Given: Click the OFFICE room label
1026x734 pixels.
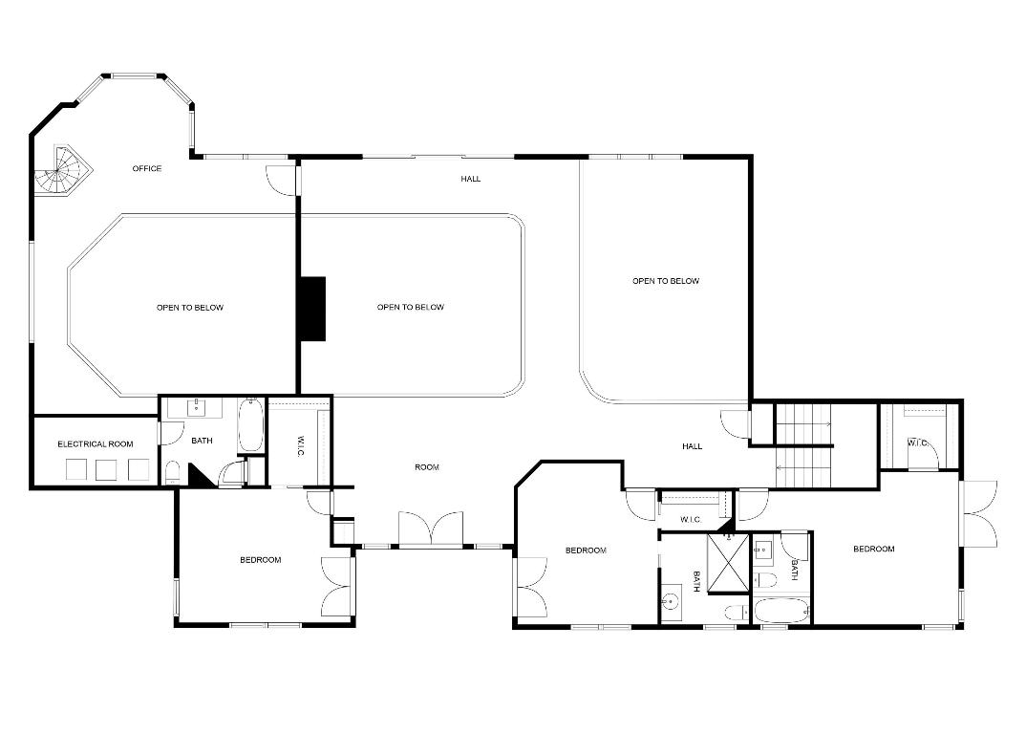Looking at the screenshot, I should point(147,169).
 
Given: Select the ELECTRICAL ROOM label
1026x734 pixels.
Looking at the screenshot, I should point(95,444).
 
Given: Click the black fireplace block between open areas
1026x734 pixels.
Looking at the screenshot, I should point(311,308).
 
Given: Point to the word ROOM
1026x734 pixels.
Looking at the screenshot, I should point(426,467).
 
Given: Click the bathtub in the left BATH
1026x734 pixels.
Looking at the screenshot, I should point(250,426).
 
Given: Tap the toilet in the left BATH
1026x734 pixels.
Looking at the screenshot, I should point(173,471).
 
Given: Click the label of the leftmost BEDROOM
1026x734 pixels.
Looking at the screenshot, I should point(260,560).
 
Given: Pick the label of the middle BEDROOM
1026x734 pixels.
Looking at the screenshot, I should point(586,550).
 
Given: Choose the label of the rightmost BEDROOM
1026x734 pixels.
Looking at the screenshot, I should point(873,550).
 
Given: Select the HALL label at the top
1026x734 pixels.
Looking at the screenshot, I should point(471,180).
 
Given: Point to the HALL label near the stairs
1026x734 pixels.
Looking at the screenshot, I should point(693,446).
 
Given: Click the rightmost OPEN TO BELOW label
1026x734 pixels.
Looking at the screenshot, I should point(666,282).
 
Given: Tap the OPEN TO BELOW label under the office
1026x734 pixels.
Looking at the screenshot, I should point(190,308).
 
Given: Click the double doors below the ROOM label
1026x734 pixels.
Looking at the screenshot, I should point(431,529).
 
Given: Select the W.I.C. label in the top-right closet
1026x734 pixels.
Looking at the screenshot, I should point(917,443).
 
